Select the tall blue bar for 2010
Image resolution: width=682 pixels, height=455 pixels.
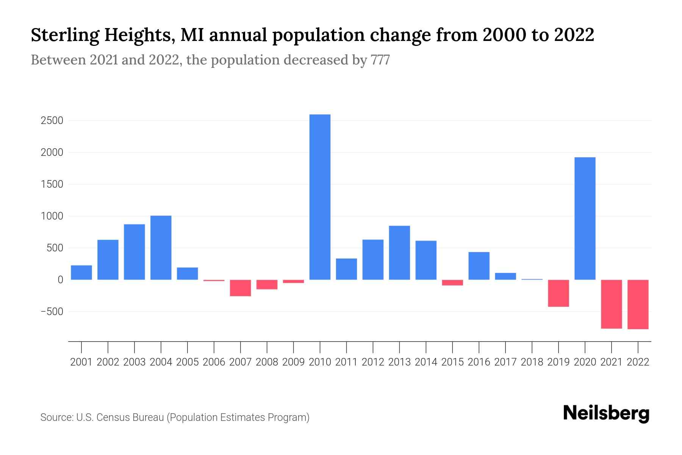coord(320,197)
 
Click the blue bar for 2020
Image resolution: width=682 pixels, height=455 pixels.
coord(585,218)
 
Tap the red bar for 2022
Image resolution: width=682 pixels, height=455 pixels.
coord(638,304)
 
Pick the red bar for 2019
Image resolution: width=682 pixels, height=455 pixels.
coord(558,293)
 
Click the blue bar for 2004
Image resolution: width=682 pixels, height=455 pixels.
coord(161,248)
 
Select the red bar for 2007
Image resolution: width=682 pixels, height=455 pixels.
coord(241,288)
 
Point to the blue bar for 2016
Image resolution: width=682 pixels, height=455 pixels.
coord(479,266)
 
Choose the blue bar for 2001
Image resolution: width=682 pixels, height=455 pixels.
coord(81,272)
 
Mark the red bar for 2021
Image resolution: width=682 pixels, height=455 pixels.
coord(612,304)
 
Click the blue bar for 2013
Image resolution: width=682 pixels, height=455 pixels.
coord(399,253)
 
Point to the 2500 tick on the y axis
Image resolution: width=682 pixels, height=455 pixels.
coord(52,121)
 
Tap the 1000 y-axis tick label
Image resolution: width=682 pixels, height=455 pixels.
coord(52,216)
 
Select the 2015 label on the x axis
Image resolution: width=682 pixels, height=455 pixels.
coord(452,362)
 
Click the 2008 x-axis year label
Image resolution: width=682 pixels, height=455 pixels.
coord(267,362)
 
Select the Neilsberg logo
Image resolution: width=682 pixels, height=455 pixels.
coord(606,413)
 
